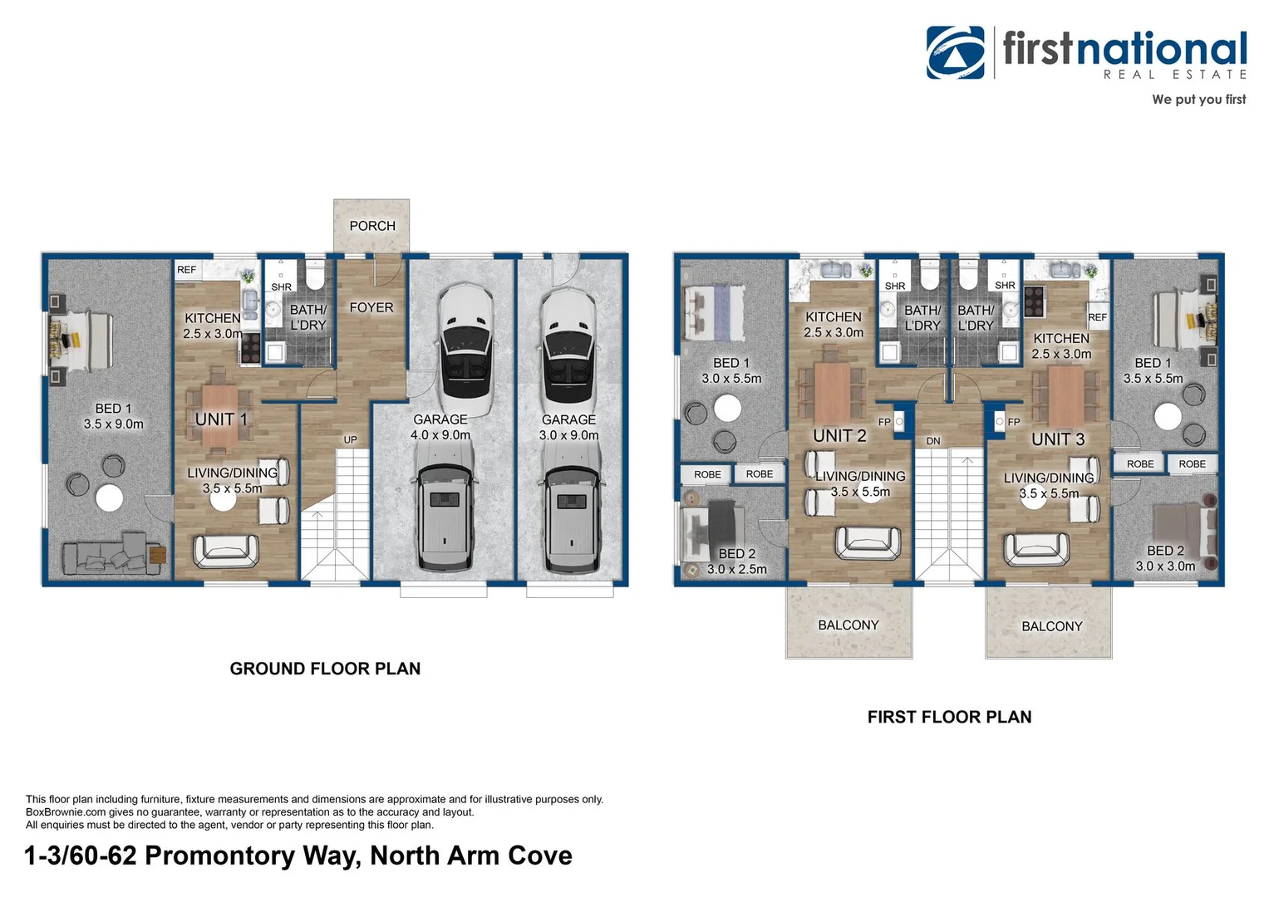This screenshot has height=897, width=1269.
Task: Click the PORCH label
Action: pos(371,226)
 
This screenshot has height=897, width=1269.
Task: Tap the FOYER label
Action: pos(371,307)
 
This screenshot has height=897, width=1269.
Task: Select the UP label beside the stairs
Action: pos(350,439)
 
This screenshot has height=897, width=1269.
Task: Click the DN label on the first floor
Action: pos(932,441)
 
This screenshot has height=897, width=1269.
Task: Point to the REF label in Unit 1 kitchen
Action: pos(186,270)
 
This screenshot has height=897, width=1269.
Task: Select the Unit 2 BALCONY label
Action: pos(848,625)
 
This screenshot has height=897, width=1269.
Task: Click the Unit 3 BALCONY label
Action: pos(1051,626)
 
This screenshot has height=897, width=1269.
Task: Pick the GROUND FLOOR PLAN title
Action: pos(325,669)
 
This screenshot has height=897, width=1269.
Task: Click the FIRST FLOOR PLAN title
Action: pos(949,717)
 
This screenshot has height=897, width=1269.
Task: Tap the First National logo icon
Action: pos(955,52)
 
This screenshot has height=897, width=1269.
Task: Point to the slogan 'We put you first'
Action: pos(1198,100)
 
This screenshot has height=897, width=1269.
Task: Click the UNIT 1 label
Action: pos(221,419)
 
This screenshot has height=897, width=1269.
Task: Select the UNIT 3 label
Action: pos(1057,439)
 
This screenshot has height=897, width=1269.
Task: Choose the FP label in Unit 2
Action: pos(884,422)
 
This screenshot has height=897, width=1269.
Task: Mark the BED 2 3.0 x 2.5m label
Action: pos(736,561)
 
